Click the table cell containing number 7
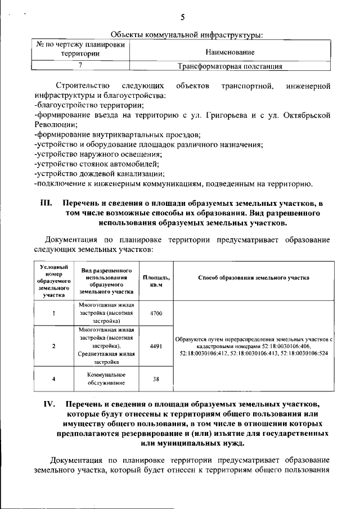(x=81, y=66)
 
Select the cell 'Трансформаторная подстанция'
(x=229, y=66)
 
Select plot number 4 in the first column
(x=53, y=379)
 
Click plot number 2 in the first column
(x=53, y=346)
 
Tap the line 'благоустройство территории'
(x=90, y=105)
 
